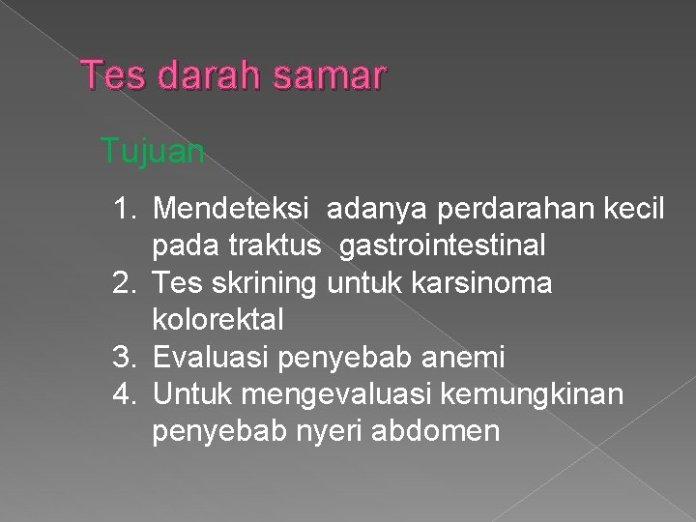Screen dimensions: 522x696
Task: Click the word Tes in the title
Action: [107, 73]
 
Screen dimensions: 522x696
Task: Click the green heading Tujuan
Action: [152, 152]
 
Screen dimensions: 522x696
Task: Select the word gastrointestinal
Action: [442, 246]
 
